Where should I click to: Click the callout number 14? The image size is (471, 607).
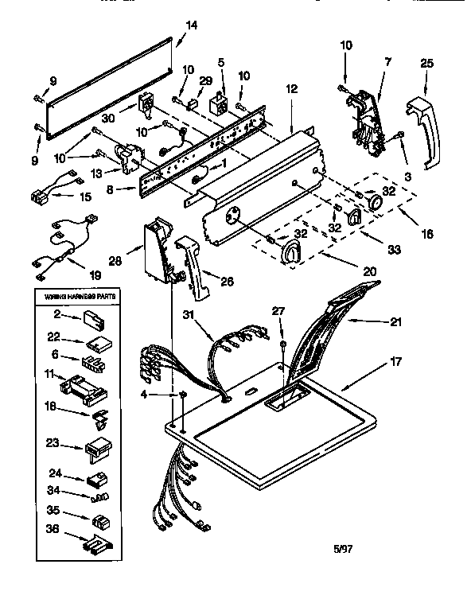click(189, 25)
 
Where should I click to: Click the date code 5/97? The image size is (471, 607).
click(341, 547)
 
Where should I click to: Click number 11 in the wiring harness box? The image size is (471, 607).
click(49, 372)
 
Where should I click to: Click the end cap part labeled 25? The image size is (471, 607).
click(422, 135)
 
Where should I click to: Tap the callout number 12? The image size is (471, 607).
click(292, 89)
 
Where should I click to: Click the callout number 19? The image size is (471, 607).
click(95, 275)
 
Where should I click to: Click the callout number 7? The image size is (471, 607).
click(387, 62)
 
